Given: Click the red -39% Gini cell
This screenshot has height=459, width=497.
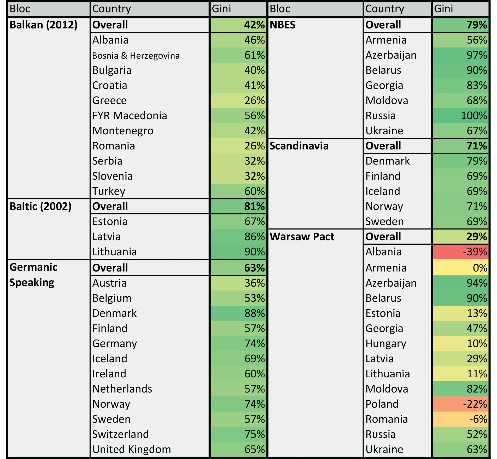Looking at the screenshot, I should point(460,252).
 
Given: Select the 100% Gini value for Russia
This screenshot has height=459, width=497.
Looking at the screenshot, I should point(460,116).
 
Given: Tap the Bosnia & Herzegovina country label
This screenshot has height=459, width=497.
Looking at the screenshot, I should point(136,56).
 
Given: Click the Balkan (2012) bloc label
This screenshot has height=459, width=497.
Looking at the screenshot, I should point(43,25).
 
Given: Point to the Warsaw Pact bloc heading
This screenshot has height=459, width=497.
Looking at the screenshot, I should point(302,237).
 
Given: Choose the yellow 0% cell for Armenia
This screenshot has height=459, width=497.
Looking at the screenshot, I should point(460,268).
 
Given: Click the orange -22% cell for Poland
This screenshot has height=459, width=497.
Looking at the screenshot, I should point(460,404).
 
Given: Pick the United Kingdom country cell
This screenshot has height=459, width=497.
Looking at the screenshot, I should point(132,449).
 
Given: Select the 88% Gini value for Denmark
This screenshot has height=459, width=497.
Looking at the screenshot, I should point(238,313).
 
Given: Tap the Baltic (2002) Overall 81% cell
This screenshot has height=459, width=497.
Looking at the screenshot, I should point(238,206).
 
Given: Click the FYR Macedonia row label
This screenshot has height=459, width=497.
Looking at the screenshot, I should point(130,116).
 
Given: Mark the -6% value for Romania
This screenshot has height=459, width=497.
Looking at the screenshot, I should point(460,419).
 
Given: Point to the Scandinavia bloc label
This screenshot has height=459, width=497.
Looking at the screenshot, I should point(299,146).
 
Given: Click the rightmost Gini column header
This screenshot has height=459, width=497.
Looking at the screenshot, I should point(460,9).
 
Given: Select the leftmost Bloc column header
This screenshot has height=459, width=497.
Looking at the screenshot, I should point(48,9).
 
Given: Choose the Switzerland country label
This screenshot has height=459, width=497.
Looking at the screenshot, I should point(120,434).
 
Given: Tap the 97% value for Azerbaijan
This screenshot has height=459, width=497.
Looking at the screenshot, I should point(460,55).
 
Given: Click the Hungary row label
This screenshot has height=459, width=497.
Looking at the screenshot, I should point(385,343).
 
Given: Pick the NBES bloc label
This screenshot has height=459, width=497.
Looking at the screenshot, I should point(282,25).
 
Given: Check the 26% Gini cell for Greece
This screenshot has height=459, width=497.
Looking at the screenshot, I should point(238,100).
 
